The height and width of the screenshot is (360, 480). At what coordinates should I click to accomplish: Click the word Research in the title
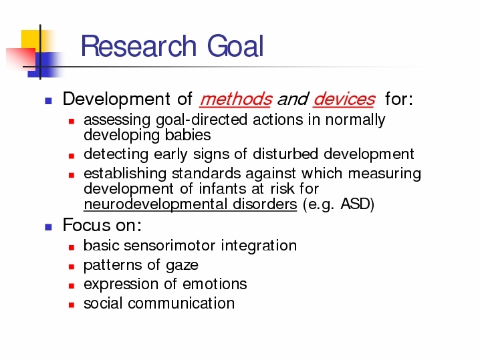(138, 46)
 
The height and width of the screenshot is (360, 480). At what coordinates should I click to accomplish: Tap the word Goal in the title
(235, 46)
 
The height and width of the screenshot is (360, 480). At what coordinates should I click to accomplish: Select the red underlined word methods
(235, 99)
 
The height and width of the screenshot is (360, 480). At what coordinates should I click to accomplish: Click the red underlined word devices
(344, 99)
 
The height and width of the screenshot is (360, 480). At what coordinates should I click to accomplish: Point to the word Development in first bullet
(116, 99)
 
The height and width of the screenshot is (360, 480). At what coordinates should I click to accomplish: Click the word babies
(188, 135)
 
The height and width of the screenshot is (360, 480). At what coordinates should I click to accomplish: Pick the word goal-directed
(201, 120)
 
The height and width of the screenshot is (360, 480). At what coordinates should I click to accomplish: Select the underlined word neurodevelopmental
(156, 204)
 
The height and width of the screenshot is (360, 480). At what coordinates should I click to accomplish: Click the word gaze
(182, 265)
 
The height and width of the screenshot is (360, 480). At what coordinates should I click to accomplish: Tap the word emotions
(215, 284)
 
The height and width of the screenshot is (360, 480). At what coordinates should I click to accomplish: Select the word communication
(181, 303)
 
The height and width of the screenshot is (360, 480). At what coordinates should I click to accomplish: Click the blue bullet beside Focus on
(48, 227)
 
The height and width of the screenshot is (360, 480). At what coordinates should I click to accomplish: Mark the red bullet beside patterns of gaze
(72, 266)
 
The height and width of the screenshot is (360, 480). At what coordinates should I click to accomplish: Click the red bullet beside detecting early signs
(72, 156)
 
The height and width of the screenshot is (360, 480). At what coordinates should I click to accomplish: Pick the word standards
(207, 174)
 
